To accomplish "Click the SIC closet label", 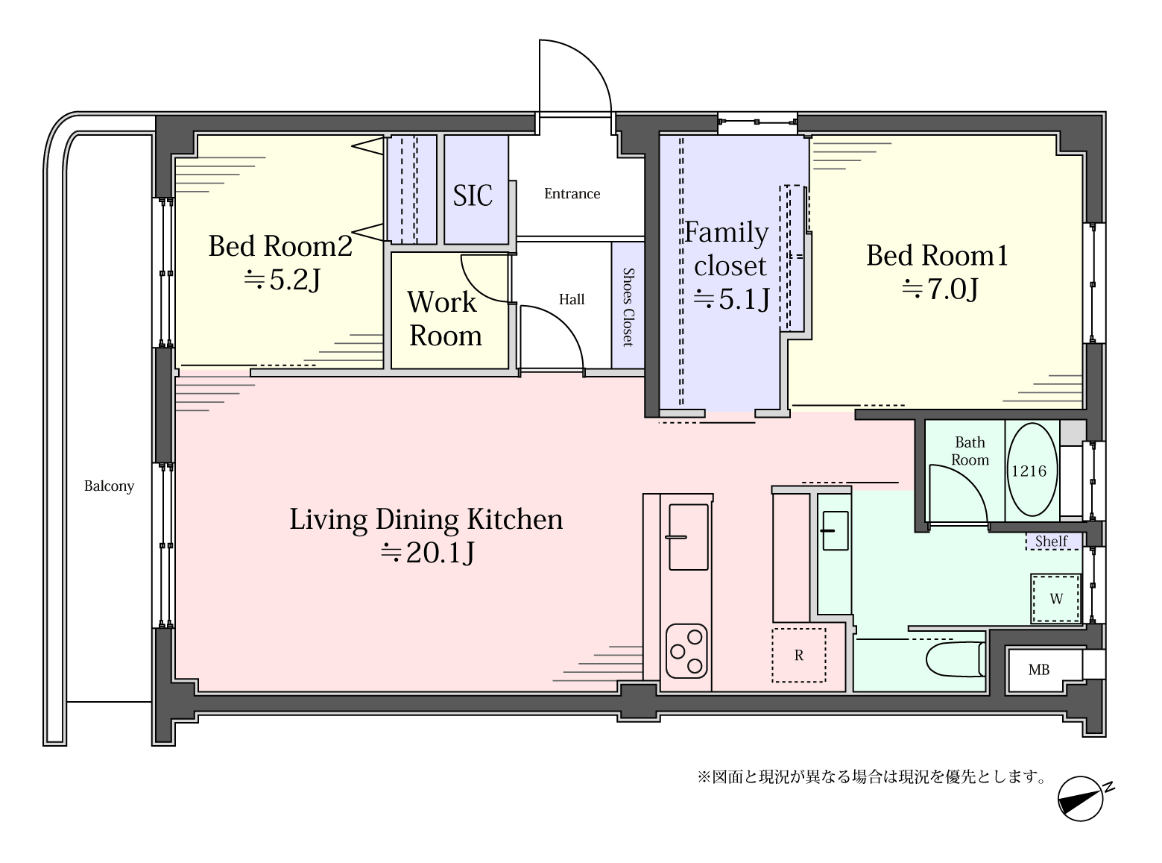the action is pyautogui.click(x=472, y=195).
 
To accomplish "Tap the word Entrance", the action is pyautogui.click(x=572, y=193).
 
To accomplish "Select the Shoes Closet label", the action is pyautogui.click(x=628, y=307).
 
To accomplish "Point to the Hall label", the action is pyautogui.click(x=572, y=299).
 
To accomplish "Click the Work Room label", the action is pyautogui.click(x=444, y=318).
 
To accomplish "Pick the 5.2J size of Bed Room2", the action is pyautogui.click(x=282, y=280).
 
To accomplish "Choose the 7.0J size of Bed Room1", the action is pyautogui.click(x=940, y=289).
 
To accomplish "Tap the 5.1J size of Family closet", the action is pyautogui.click(x=732, y=299).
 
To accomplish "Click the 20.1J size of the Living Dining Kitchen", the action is pyautogui.click(x=427, y=552).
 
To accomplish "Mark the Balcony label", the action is pyautogui.click(x=109, y=486).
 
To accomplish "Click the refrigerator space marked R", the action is pyautogui.click(x=799, y=656).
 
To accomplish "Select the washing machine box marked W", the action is pyautogui.click(x=1055, y=599).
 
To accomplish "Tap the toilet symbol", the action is pyautogui.click(x=956, y=660).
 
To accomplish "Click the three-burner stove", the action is pyautogui.click(x=686, y=650).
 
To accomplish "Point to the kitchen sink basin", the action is pyautogui.click(x=689, y=537).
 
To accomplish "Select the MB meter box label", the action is pyautogui.click(x=1039, y=670).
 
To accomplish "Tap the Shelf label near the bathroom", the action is pyautogui.click(x=1051, y=541).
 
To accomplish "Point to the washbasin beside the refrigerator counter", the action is pyautogui.click(x=835, y=530).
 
